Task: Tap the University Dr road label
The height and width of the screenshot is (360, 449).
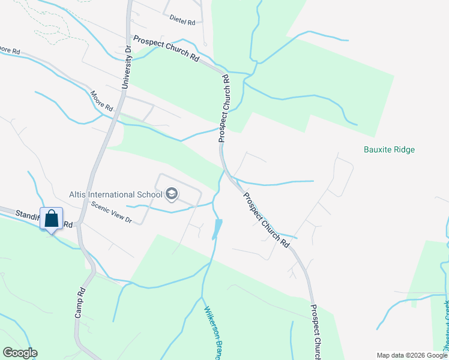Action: click(x=127, y=67)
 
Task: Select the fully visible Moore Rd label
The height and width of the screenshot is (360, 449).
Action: click(x=101, y=102)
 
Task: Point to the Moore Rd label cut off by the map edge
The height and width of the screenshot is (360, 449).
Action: click(x=10, y=50)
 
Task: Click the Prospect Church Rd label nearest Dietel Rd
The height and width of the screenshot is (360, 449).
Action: click(x=166, y=50)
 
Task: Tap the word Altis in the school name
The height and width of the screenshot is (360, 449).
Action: click(x=79, y=194)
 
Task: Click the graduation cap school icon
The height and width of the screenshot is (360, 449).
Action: click(x=172, y=193)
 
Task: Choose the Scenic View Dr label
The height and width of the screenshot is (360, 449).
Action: click(x=111, y=212)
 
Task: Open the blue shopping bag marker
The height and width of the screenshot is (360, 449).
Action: click(x=51, y=218)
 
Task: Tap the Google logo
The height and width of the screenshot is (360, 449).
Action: click(x=20, y=353)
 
